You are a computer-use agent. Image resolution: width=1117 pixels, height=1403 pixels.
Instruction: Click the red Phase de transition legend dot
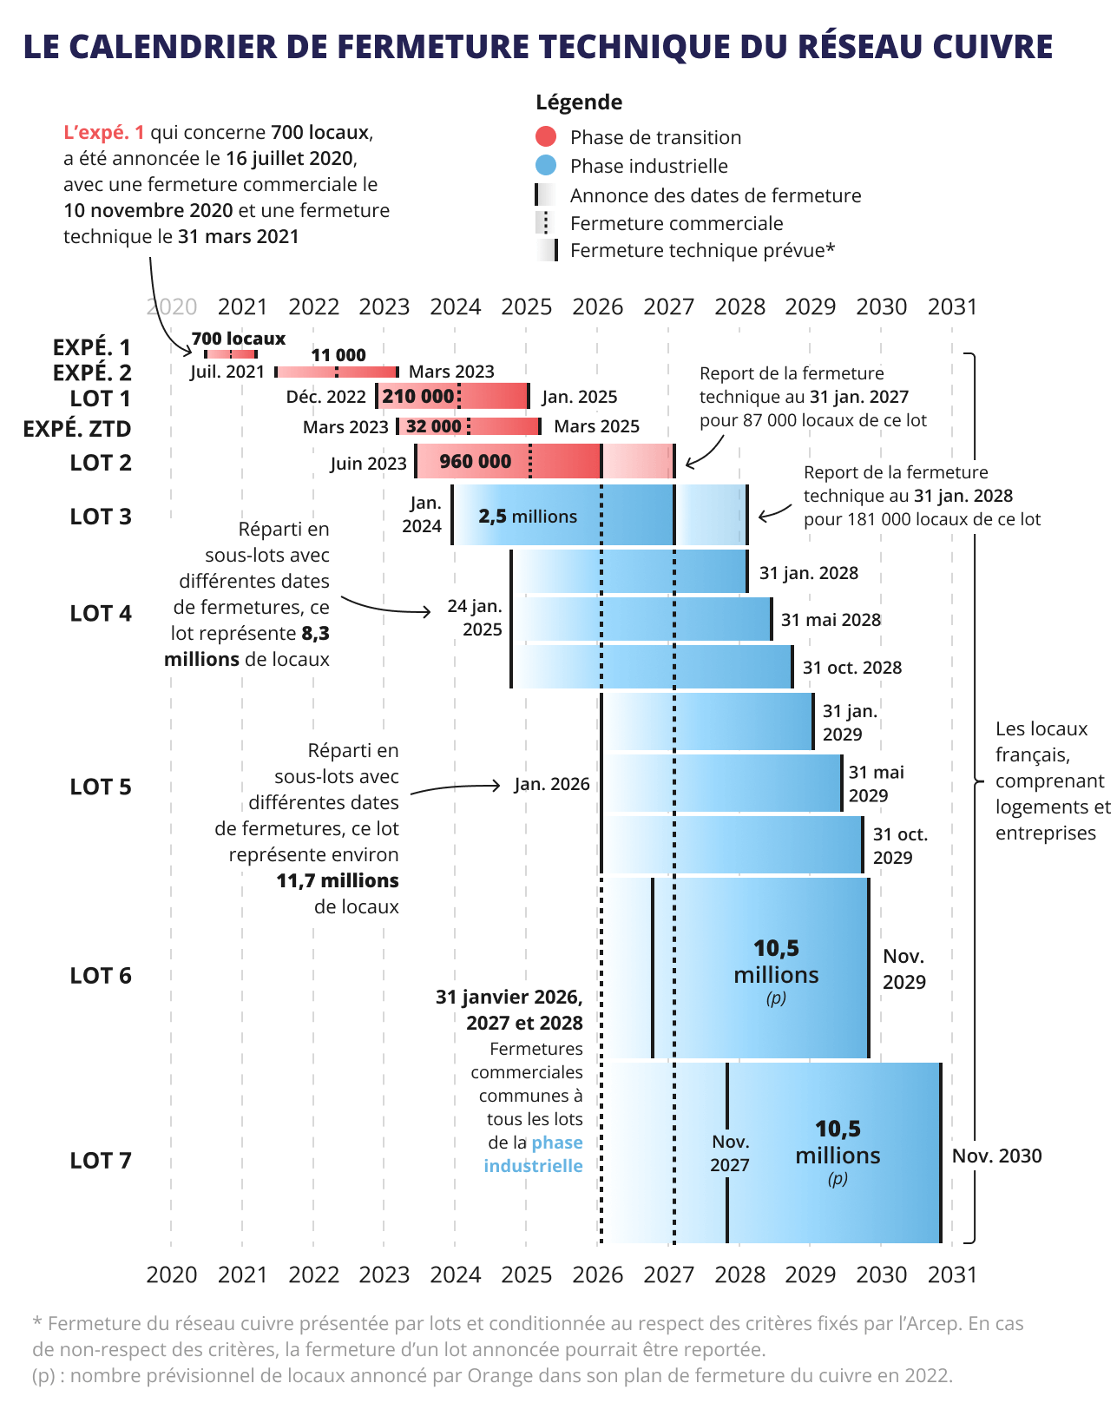pyautogui.click(x=546, y=136)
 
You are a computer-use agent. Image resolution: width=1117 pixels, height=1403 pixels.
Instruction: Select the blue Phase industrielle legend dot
pyautogui.click(x=546, y=165)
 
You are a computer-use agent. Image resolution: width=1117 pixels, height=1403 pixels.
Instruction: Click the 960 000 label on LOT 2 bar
pyautogui.click(x=475, y=461)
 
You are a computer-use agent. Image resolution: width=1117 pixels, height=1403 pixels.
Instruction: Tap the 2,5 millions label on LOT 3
pyautogui.click(x=528, y=516)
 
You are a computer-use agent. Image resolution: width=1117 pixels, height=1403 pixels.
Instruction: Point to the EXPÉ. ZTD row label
pyautogui.click(x=77, y=429)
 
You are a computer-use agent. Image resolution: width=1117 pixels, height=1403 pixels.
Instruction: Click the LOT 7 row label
pyautogui.click(x=101, y=1160)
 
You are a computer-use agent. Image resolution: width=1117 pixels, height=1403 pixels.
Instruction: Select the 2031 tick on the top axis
pyautogui.click(x=952, y=306)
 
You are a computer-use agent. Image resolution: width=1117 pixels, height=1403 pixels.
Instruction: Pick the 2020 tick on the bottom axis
pyautogui.click(x=172, y=1275)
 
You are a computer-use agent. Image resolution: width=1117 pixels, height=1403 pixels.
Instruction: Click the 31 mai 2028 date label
pyautogui.click(x=831, y=620)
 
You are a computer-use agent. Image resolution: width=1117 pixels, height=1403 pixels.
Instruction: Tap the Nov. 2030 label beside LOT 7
pyautogui.click(x=996, y=1156)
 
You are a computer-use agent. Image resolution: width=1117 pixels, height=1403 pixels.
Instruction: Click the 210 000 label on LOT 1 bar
pyautogui.click(x=418, y=397)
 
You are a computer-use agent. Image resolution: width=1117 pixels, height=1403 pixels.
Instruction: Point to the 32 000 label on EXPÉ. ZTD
pyautogui.click(x=433, y=426)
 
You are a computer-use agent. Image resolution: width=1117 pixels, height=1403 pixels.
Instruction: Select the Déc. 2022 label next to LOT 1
pyautogui.click(x=326, y=397)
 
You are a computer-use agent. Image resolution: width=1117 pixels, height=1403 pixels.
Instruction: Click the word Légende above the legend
pyautogui.click(x=579, y=102)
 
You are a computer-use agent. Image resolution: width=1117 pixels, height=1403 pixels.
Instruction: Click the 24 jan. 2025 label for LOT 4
pyautogui.click(x=476, y=617)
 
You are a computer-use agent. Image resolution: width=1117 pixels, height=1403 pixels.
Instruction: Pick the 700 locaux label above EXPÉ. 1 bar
pyautogui.click(x=239, y=339)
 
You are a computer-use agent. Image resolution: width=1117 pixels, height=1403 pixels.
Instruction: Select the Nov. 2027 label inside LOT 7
pyautogui.click(x=730, y=1153)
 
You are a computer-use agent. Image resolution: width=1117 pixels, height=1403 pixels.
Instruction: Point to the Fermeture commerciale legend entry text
pyautogui.click(x=676, y=223)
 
